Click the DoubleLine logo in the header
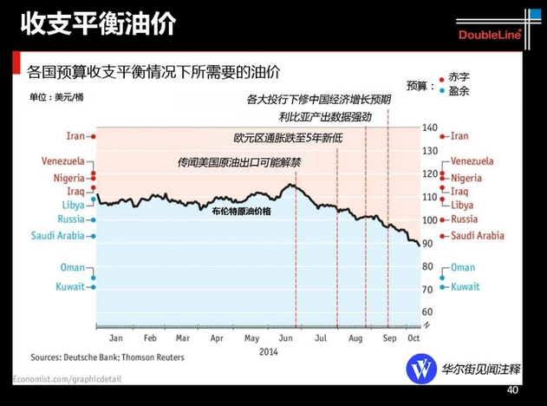click(x=488, y=34)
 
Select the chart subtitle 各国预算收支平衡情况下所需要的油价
click(x=156, y=70)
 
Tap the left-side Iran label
click(x=75, y=136)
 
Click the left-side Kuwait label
click(x=72, y=285)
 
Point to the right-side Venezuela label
click(x=472, y=161)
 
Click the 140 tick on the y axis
click(x=431, y=128)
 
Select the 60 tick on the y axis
click(x=429, y=311)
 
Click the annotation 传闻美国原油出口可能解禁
click(x=239, y=161)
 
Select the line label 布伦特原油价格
click(x=241, y=211)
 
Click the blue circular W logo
click(x=422, y=368)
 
